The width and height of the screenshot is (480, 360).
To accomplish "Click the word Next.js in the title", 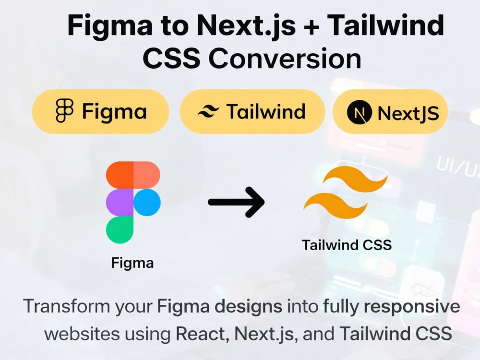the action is [x=246, y=26].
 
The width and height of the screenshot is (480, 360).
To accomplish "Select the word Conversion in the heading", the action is [x=285, y=58].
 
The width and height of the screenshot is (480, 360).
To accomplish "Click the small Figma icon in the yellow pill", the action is [x=65, y=111].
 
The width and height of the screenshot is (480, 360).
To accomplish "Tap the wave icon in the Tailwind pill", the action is [x=208, y=111].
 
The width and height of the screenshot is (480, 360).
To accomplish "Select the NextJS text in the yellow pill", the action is [x=408, y=113].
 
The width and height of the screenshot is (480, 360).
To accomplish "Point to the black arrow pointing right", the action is [x=236, y=202].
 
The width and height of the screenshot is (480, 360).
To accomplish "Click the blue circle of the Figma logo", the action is [x=147, y=203].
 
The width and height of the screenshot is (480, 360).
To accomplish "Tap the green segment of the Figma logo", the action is [x=120, y=230].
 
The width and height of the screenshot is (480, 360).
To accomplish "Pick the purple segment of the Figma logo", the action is [x=120, y=203].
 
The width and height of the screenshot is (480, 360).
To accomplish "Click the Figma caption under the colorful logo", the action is [x=132, y=263].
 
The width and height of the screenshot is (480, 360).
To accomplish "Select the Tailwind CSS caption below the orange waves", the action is [x=347, y=245].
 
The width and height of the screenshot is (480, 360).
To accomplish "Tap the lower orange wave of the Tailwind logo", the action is [x=335, y=206].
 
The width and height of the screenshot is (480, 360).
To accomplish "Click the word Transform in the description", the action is [x=66, y=306].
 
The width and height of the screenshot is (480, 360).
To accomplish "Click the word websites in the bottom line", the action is [x=82, y=334].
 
